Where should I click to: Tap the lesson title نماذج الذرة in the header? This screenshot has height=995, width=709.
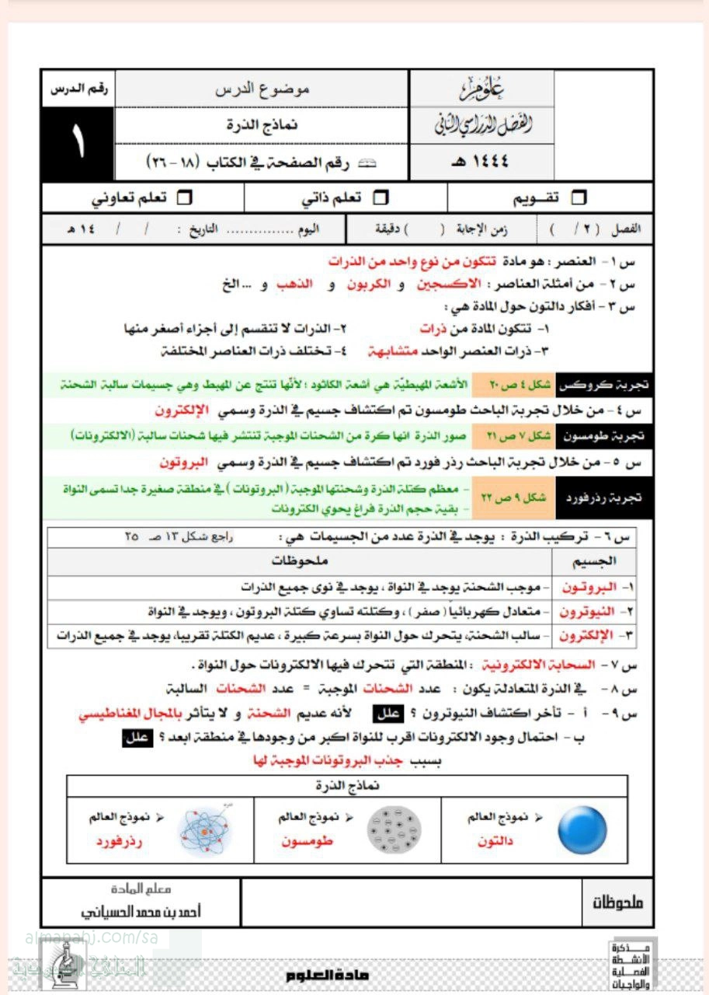pyautogui.click(x=262, y=124)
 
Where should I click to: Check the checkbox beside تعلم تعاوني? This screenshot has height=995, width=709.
pyautogui.click(x=184, y=199)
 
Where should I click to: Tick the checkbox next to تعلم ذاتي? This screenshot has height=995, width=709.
pyautogui.click(x=380, y=199)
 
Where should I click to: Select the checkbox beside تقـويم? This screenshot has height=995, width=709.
pyautogui.click(x=579, y=199)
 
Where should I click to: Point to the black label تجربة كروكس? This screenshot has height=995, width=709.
pyautogui.click(x=604, y=385)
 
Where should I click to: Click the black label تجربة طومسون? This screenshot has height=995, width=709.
pyautogui.click(x=604, y=436)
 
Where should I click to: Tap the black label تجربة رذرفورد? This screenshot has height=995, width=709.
pyautogui.click(x=604, y=497)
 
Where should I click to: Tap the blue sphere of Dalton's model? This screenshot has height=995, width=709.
pyautogui.click(x=582, y=829)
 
